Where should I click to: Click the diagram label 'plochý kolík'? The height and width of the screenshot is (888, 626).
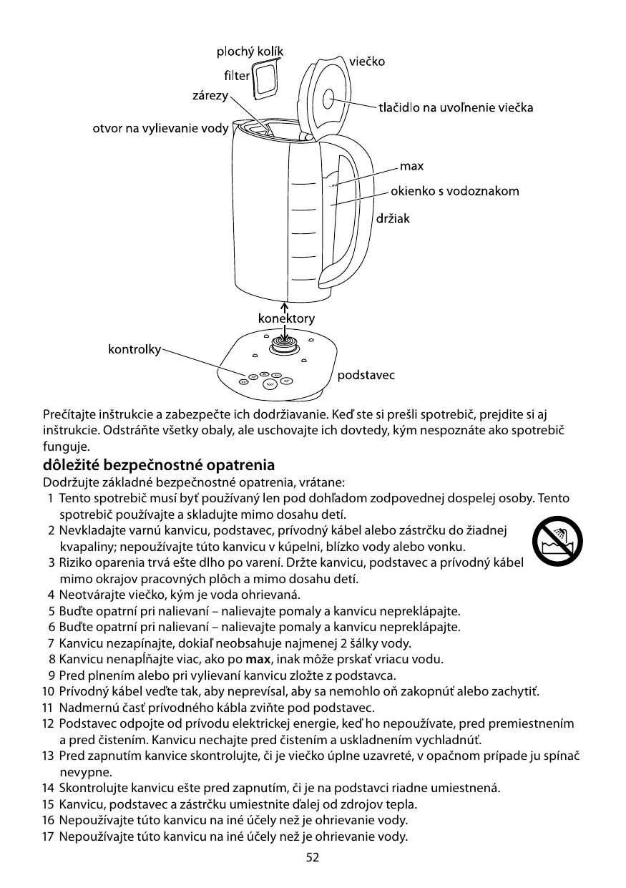(250, 52)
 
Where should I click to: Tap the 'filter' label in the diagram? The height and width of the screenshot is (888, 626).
(237, 76)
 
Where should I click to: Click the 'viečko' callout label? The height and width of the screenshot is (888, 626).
(367, 62)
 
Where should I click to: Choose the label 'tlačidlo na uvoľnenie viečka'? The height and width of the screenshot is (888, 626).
(456, 108)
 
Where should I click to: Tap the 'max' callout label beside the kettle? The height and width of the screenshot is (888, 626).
(411, 167)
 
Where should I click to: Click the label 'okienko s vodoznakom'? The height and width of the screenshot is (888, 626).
(454, 191)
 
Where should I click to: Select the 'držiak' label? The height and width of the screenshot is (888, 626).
(393, 219)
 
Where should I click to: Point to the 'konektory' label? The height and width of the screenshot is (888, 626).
(286, 318)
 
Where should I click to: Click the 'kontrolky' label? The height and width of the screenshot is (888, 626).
(134, 349)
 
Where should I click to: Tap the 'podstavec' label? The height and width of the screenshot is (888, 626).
(366, 375)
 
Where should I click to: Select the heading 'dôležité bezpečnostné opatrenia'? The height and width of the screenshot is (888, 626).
(159, 465)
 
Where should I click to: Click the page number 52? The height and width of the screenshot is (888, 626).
(313, 858)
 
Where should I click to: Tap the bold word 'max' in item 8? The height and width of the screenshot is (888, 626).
(257, 659)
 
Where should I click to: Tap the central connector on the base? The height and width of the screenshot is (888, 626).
(285, 348)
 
